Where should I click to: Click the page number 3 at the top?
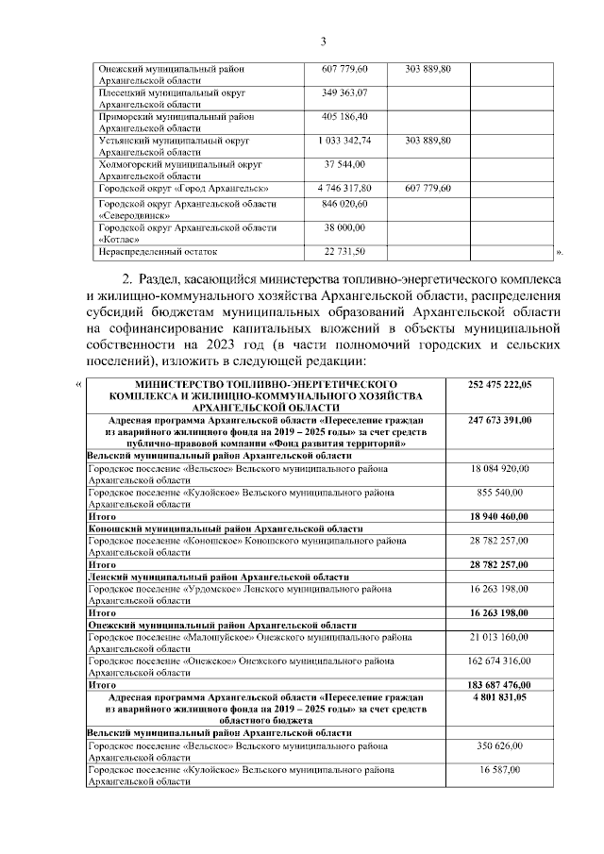click(323, 41)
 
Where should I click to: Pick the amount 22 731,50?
click(344, 252)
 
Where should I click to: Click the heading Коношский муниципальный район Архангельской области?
click(222, 528)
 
